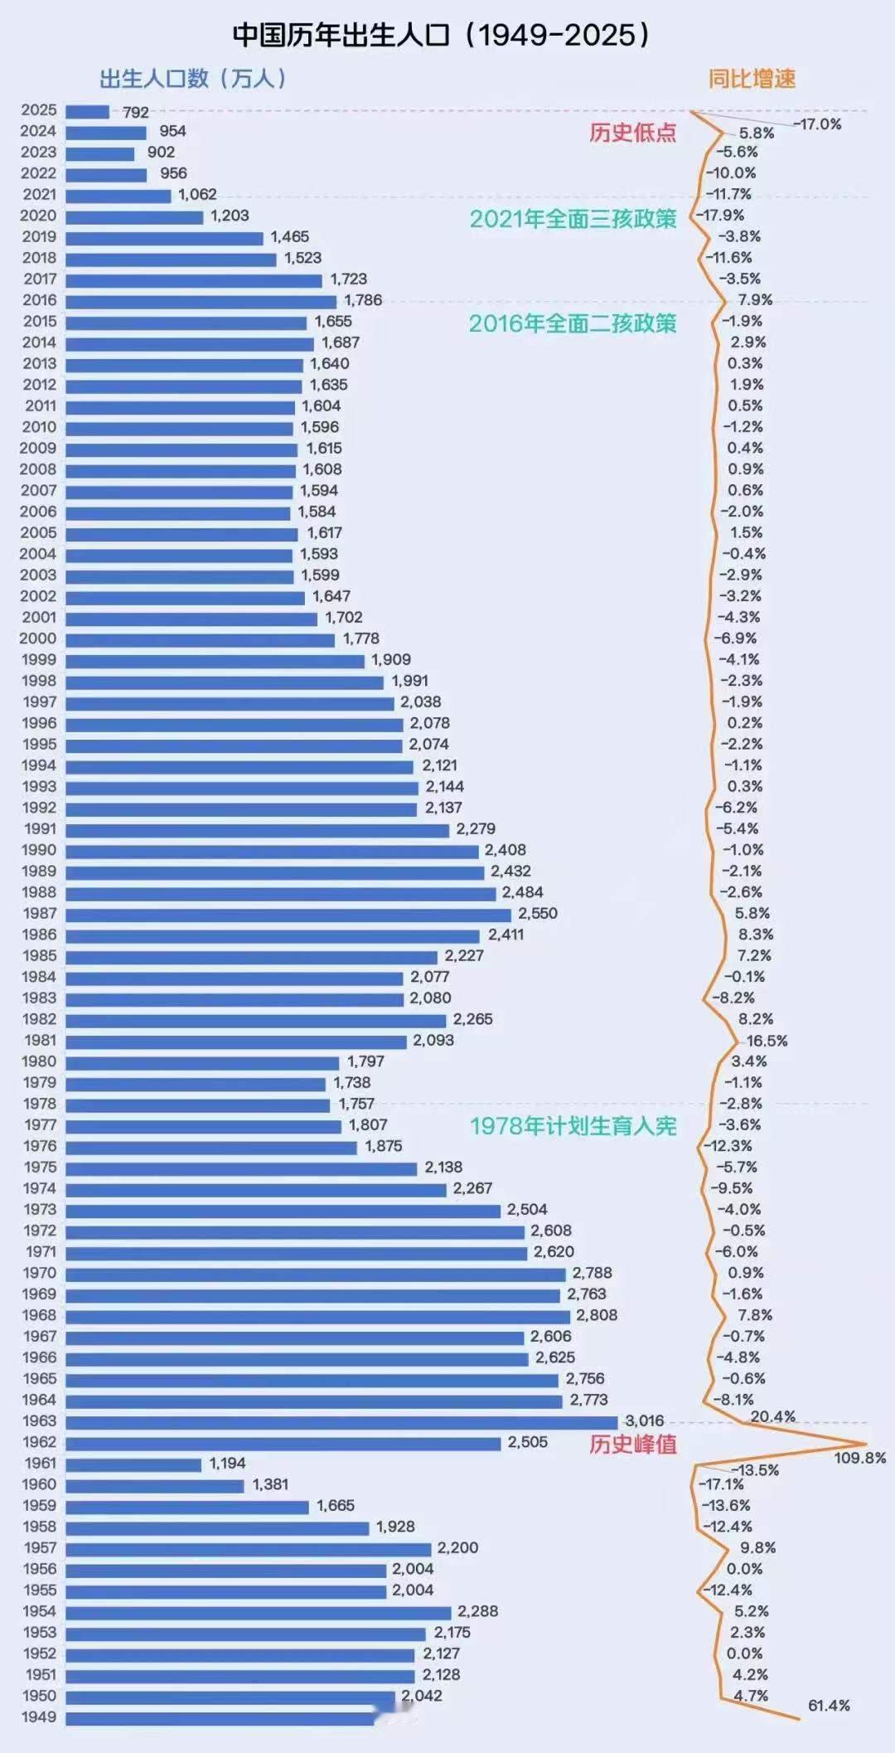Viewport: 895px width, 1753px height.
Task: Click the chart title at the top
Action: [x=443, y=35]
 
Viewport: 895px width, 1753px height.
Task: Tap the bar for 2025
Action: [x=87, y=111]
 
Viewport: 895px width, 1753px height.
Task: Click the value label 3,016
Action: [x=644, y=1420]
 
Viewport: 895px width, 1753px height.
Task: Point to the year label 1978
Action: [x=40, y=1104]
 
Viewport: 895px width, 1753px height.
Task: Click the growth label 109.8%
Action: [x=859, y=1457]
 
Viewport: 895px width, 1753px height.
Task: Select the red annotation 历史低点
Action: [x=632, y=133]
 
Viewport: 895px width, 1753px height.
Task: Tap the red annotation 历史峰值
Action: [x=632, y=1445]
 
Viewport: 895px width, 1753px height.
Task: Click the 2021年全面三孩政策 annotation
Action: [x=573, y=219]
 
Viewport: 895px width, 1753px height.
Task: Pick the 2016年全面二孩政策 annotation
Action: [x=573, y=323]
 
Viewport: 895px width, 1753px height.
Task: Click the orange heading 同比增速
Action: [x=752, y=79]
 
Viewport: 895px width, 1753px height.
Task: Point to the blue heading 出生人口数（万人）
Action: [x=193, y=79]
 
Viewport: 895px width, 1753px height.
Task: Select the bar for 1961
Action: [x=133, y=1464]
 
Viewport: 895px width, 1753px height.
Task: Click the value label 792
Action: [x=136, y=112]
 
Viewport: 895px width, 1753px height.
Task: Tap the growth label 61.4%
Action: [x=829, y=1705]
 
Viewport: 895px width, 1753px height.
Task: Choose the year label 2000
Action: [x=39, y=639]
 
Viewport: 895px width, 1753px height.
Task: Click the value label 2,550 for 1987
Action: [x=538, y=913]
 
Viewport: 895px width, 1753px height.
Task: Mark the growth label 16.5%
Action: [x=767, y=1041]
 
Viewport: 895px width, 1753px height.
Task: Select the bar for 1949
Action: [x=220, y=1718]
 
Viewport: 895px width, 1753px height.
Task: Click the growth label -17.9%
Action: [x=723, y=215]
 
